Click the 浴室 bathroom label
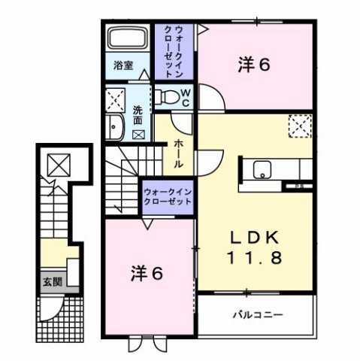pos(123,65)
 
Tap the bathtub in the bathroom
pos(129,38)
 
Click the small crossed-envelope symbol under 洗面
pos(138,135)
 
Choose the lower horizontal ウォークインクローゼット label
pos(167,197)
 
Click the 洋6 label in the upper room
pos(255,65)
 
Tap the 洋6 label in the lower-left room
pos(148,274)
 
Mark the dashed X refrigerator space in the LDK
pos(299,125)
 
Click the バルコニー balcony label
pos(256,314)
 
